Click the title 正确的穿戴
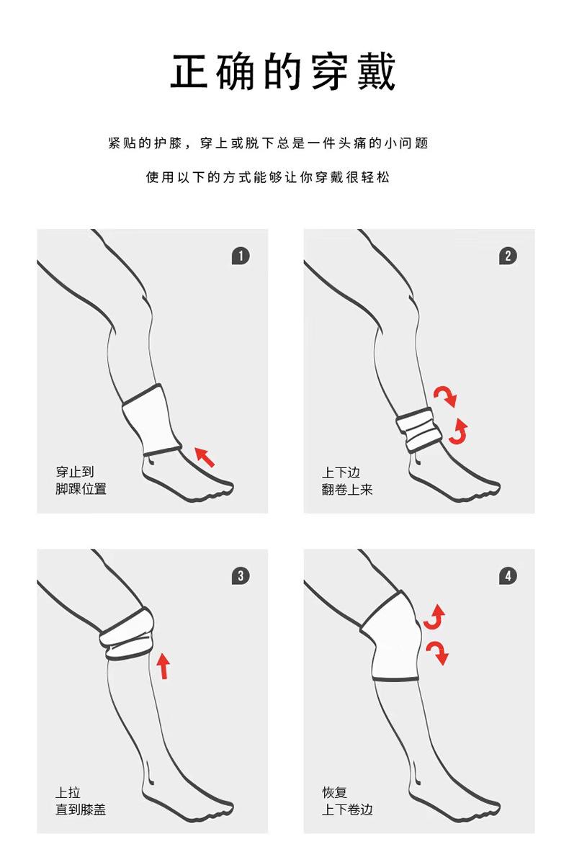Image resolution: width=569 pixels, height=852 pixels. pyautogui.click(x=283, y=71)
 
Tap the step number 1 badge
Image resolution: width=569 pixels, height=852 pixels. pyautogui.click(x=241, y=256)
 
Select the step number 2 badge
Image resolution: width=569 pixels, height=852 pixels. pyautogui.click(x=508, y=256)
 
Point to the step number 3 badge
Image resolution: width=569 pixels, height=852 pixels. pyautogui.click(x=241, y=576)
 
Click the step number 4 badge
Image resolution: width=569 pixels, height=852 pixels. pyautogui.click(x=508, y=576)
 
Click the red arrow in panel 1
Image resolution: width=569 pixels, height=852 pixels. pyautogui.click(x=205, y=457)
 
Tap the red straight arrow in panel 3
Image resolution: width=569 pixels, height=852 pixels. pyautogui.click(x=163, y=665)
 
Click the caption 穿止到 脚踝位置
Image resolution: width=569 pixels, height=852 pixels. pyautogui.click(x=81, y=480)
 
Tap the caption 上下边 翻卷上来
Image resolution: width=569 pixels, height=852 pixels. pyautogui.click(x=347, y=481)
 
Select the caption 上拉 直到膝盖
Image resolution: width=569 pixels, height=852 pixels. pyautogui.click(x=81, y=801)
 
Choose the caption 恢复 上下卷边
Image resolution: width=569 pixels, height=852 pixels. pyautogui.click(x=347, y=801)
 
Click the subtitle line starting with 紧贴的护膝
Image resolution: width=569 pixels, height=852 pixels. pyautogui.click(x=269, y=143)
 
